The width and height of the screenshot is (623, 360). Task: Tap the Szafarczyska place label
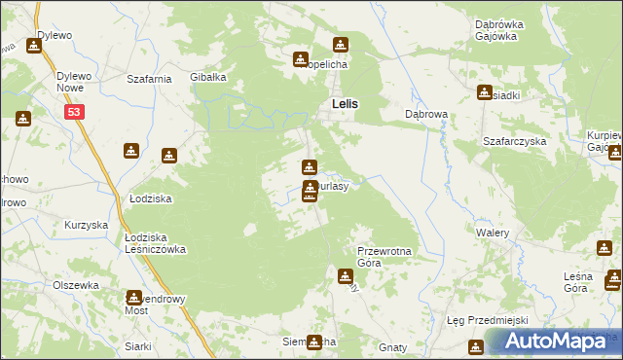click(515, 141)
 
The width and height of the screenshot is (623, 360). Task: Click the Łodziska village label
click(151, 198)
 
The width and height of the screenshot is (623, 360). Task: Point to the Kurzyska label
click(86, 225)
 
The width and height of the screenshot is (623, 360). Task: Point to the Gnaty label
click(393, 346)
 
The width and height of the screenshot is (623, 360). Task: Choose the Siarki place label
click(137, 346)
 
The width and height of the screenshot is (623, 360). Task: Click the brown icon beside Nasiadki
click(484, 92)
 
